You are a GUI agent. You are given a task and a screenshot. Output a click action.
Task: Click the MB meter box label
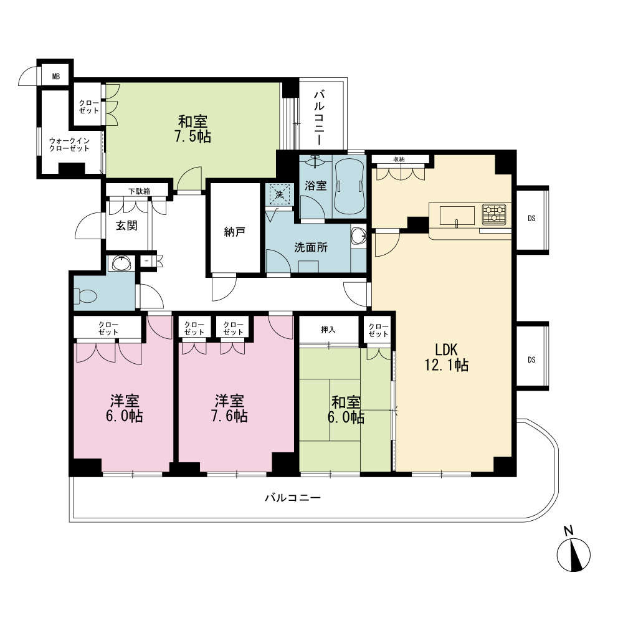pyautogui.click(x=56, y=76)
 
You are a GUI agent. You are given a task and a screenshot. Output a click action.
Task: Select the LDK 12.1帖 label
pyautogui.click(x=447, y=357)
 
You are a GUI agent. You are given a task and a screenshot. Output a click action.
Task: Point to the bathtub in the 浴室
pyautogui.click(x=350, y=186)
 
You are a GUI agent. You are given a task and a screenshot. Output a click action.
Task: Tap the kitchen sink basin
pyautogui.click(x=457, y=216)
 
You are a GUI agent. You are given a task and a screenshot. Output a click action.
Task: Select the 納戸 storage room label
pyautogui.click(x=234, y=232)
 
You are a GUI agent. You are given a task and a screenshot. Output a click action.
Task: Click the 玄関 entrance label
pyautogui.click(x=126, y=226)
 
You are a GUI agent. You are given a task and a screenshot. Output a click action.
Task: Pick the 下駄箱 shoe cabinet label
pyautogui.click(x=139, y=191)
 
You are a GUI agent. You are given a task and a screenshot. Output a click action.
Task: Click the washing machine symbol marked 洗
pyautogui.click(x=279, y=194)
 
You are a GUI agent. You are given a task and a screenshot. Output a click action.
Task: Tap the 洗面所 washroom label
pyautogui.click(x=311, y=247)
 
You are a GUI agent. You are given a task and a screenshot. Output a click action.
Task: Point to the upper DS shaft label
pyautogui.click(x=531, y=219)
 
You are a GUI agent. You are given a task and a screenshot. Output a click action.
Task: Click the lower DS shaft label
pyautogui.click(x=531, y=360)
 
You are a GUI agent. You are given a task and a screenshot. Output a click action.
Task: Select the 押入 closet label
pyautogui.click(x=328, y=330)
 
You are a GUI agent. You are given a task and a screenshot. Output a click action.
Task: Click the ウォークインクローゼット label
pyautogui.click(x=69, y=145)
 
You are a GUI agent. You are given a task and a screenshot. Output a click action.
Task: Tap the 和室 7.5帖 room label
pyautogui.click(x=193, y=129)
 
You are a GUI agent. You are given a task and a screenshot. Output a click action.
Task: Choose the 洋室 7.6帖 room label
pyautogui.click(x=230, y=408)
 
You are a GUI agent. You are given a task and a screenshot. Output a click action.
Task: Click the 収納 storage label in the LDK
pyautogui.click(x=399, y=159)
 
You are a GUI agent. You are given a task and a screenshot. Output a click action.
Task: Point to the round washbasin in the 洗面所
pyautogui.click(x=359, y=235)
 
